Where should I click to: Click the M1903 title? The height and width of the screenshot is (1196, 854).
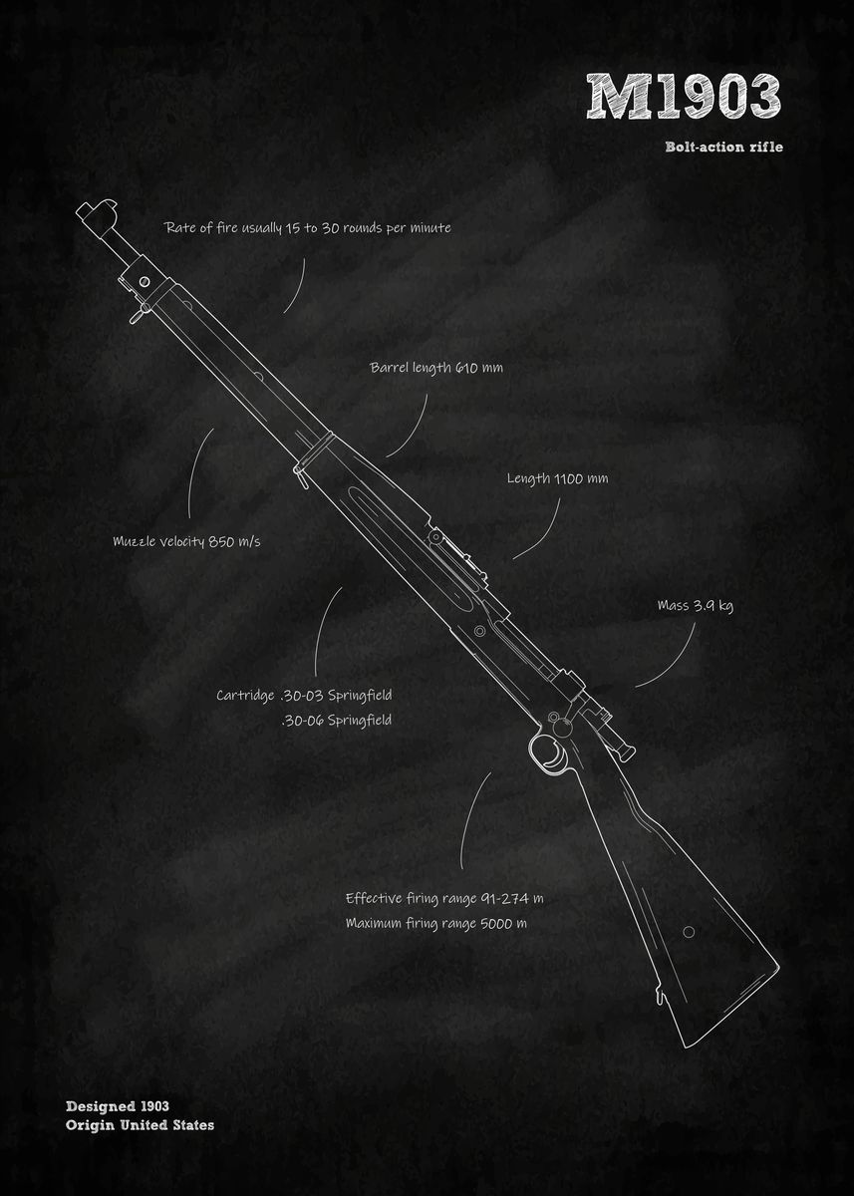[683, 98]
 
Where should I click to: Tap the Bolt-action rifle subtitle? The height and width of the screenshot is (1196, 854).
[724, 148]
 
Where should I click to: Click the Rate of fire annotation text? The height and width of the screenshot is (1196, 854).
[307, 228]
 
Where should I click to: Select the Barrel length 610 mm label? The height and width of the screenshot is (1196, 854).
[436, 368]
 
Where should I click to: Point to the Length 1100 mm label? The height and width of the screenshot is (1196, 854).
[557, 478]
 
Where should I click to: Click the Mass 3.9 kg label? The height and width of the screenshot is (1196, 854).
[695, 605]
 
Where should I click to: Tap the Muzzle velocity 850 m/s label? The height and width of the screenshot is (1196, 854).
[186, 542]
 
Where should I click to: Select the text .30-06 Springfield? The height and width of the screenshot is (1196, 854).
[337, 720]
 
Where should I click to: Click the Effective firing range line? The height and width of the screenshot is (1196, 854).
[444, 898]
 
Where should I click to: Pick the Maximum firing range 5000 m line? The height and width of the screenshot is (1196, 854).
[436, 923]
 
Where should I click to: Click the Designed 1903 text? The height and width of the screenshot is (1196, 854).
[118, 1106]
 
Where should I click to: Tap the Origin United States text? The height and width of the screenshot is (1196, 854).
[140, 1125]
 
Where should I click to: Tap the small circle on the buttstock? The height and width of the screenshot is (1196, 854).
[689, 932]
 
